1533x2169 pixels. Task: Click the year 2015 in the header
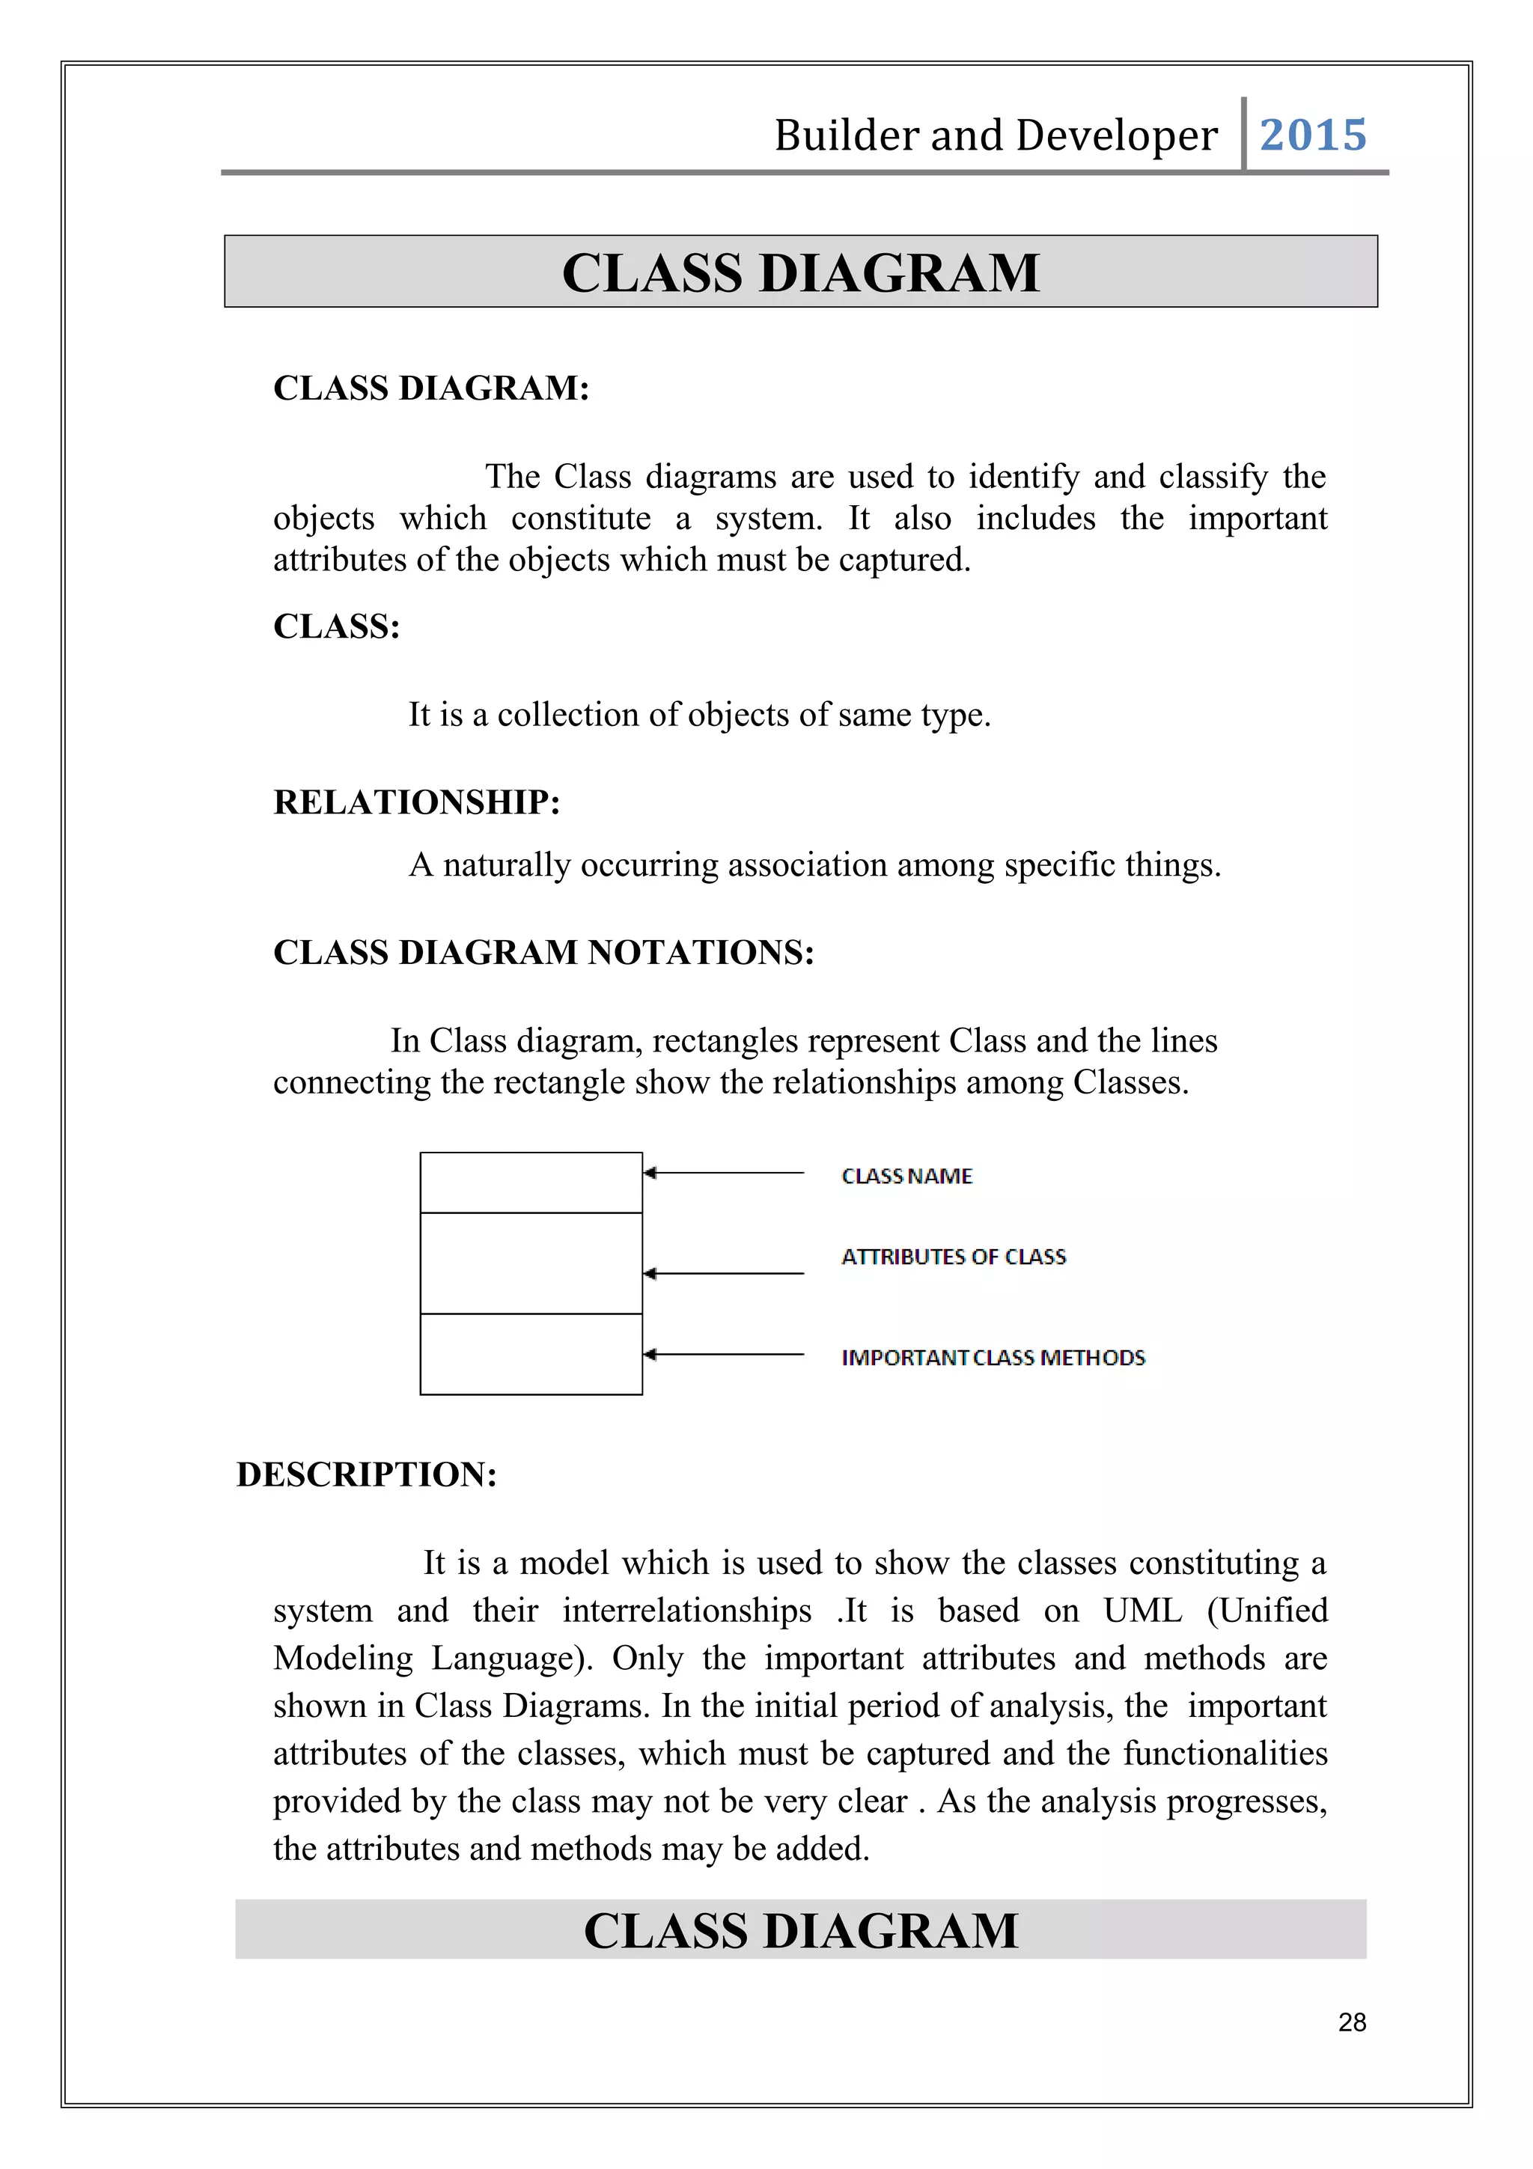[x=1312, y=135]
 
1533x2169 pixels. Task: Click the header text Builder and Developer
[x=996, y=135]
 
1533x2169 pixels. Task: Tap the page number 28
[x=1352, y=2022]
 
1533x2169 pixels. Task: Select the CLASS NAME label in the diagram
[x=906, y=1176]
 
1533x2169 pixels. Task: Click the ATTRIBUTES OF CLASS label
[x=953, y=1257]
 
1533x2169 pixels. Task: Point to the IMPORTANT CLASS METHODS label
[x=993, y=1358]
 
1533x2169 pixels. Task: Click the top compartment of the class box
[x=531, y=1182]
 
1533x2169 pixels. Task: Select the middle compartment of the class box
[x=531, y=1263]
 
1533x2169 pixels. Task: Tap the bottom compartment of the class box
[x=531, y=1354]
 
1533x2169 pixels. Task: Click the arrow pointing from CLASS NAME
[x=724, y=1174]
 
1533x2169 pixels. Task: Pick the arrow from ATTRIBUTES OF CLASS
[x=724, y=1273]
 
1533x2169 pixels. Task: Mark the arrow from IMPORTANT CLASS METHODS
[x=724, y=1355]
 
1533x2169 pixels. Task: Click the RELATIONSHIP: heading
[x=416, y=802]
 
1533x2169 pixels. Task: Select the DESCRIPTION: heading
[x=367, y=1474]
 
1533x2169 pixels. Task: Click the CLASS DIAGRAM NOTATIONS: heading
[x=543, y=952]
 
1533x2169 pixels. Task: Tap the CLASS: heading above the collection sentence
[x=337, y=626]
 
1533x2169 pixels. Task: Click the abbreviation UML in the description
[x=1142, y=1611]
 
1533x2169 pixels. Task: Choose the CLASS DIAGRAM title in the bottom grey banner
[x=800, y=1930]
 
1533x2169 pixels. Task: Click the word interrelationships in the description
[x=686, y=1611]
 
